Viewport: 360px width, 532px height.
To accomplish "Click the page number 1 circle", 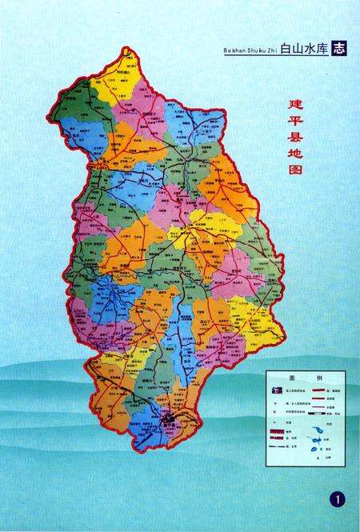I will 336,500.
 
